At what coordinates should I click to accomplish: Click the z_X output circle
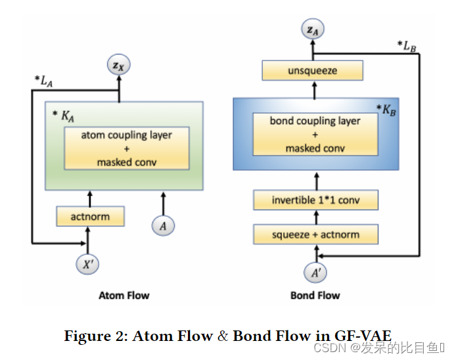click(x=119, y=65)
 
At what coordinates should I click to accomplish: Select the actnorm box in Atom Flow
click(x=90, y=216)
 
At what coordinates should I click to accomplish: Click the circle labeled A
click(x=163, y=225)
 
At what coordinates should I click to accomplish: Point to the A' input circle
click(x=315, y=271)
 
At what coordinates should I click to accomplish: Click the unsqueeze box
click(x=312, y=71)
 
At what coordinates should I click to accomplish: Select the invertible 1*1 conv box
click(x=315, y=200)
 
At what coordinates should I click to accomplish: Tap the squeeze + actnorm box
click(x=315, y=235)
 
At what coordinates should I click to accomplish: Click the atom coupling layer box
click(x=126, y=148)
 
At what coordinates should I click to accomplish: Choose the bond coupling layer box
click(x=315, y=134)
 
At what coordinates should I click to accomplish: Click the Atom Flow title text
click(x=124, y=296)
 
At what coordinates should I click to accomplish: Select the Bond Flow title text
click(x=315, y=296)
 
